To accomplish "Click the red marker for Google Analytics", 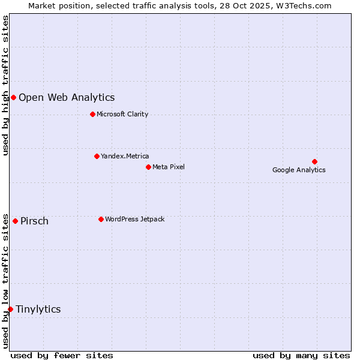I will (314, 161).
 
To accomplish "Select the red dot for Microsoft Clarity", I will (92, 114).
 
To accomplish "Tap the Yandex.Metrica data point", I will (97, 156).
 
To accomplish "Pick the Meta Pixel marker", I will (148, 167).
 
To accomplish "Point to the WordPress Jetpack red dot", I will (101, 219).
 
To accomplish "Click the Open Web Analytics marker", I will (13, 97).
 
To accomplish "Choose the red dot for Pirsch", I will (15, 221).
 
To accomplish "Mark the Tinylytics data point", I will (10, 309).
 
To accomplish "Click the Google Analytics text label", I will (299, 170).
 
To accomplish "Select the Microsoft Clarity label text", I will (122, 114).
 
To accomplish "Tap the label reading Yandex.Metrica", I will (125, 156).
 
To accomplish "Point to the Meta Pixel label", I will (169, 167).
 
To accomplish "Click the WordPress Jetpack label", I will (134, 219).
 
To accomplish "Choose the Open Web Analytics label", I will (67, 97).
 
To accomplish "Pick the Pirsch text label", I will (34, 221).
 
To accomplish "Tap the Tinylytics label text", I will (38, 309).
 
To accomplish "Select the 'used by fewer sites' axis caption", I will (62, 355).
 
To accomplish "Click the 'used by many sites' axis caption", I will (301, 355).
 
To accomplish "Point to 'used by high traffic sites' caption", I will (6, 85).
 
